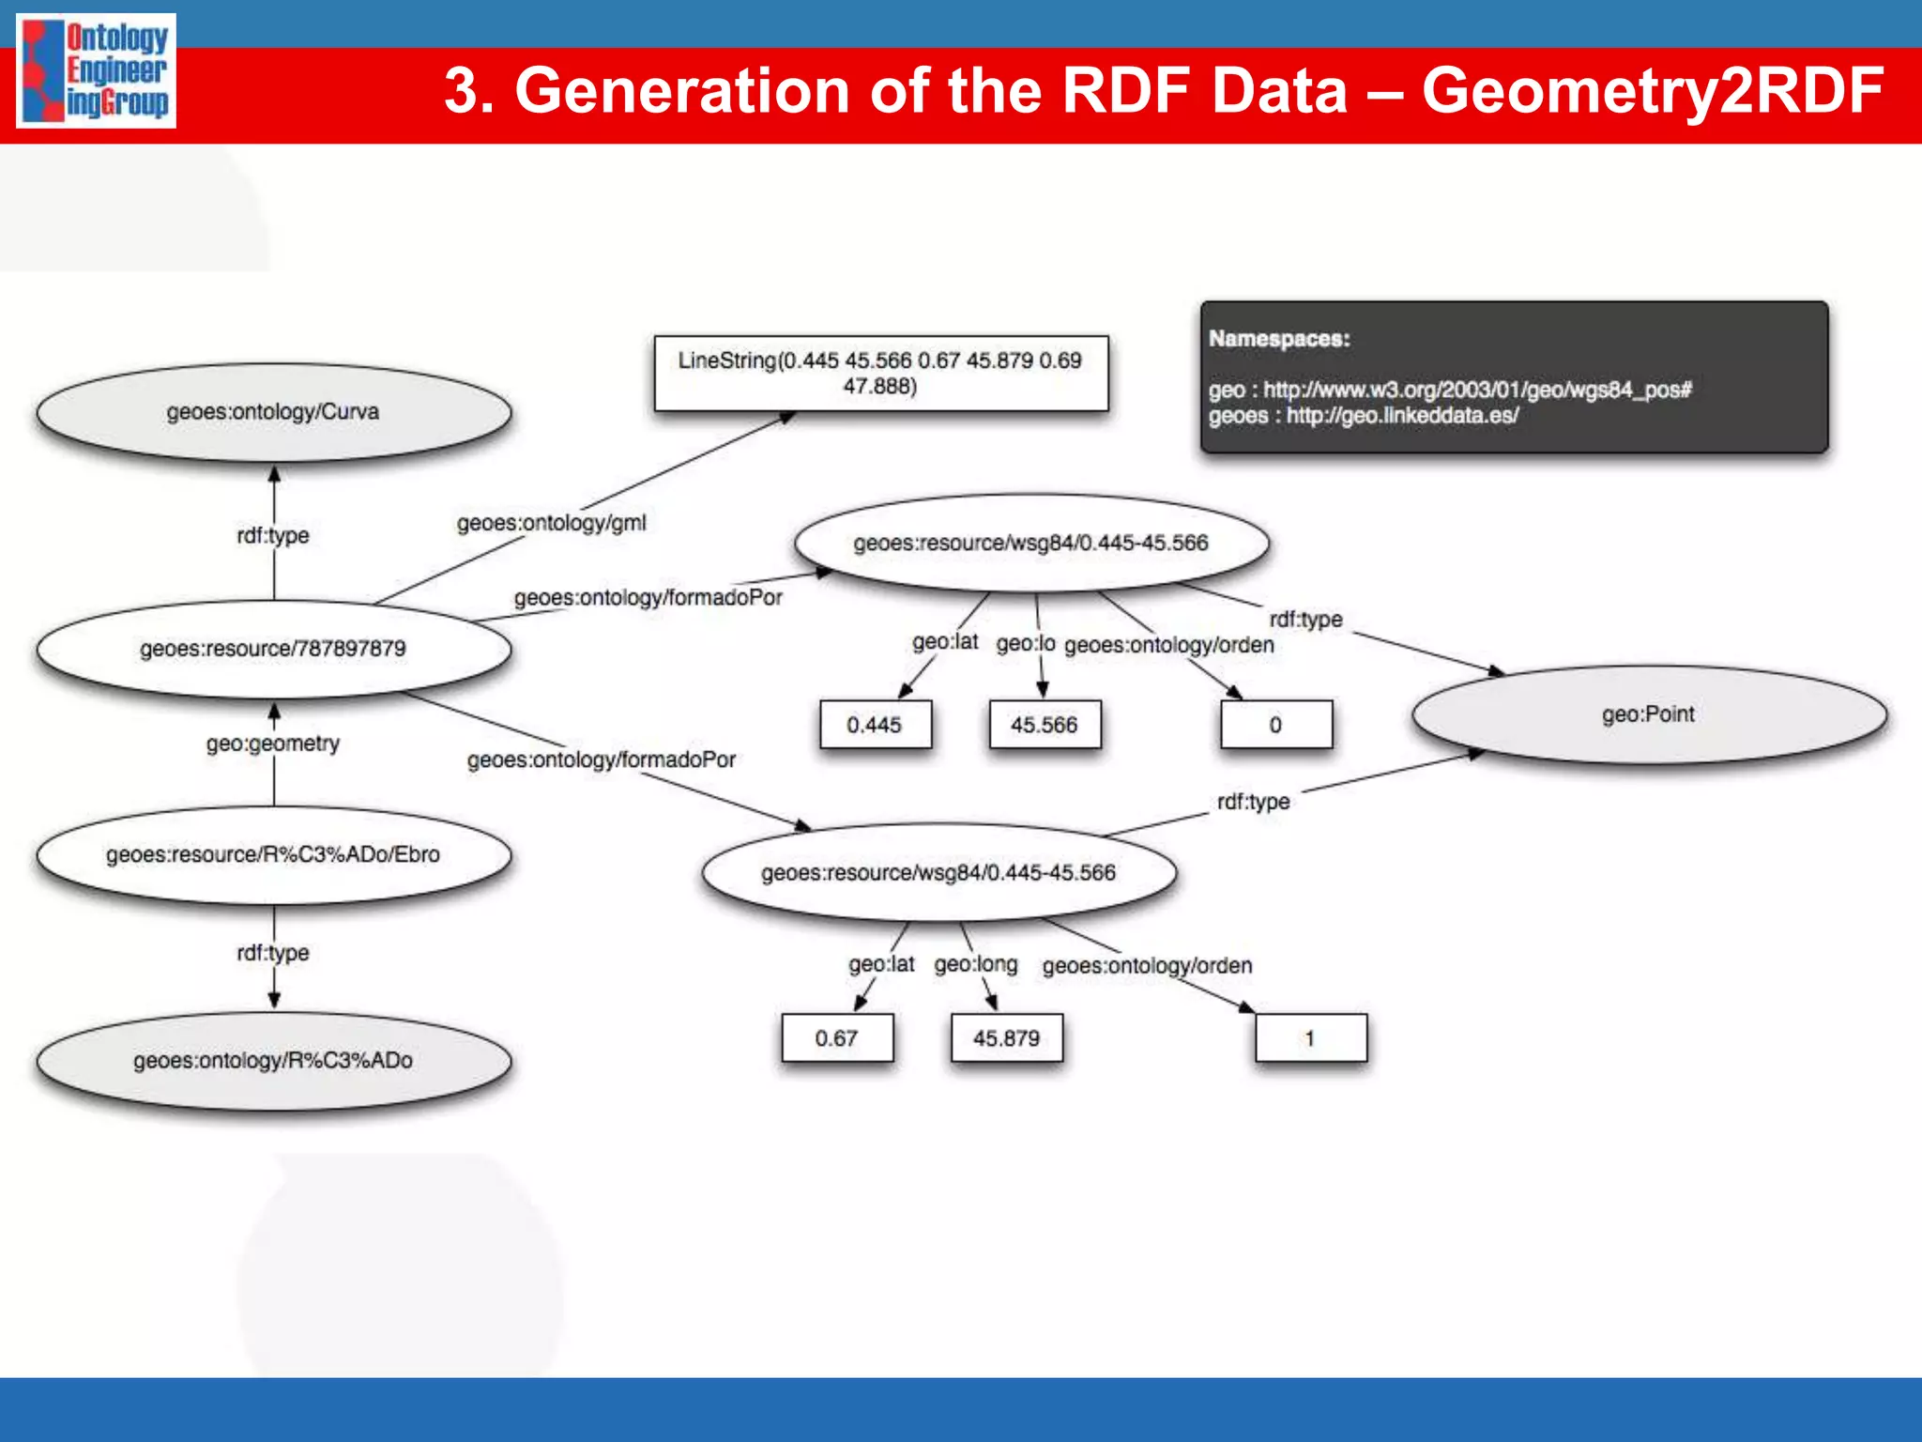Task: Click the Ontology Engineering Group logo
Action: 96,70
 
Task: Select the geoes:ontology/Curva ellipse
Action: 273,412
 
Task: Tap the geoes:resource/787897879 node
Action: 273,649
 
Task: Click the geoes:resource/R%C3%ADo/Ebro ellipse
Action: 273,854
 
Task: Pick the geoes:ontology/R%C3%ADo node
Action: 273,1061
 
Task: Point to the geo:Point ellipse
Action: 1648,714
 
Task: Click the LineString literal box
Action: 880,373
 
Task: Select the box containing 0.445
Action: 875,725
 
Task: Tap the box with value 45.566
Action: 1045,725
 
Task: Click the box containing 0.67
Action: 836,1038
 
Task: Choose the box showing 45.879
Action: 1006,1038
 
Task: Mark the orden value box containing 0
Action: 1275,725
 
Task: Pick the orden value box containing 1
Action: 1310,1038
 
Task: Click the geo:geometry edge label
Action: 273,744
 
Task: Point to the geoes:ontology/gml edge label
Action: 551,523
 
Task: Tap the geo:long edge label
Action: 975,964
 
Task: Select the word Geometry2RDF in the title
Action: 1652,91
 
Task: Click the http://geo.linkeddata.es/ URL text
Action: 1402,416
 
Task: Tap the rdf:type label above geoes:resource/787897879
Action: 273,535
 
